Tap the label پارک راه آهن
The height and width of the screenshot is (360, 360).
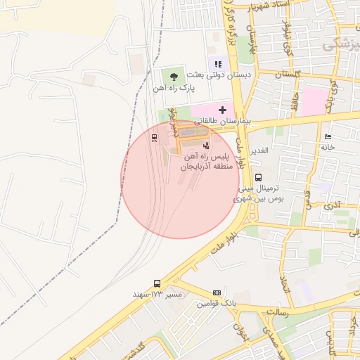pyautogui.click(x=173, y=89)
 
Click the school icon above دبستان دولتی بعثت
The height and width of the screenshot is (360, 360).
pyautogui.click(x=217, y=64)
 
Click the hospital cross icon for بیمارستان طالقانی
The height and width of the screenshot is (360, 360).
pyautogui.click(x=223, y=110)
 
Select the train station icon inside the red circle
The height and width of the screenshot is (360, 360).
pyautogui.click(x=154, y=137)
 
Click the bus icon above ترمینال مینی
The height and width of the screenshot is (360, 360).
pyautogui.click(x=258, y=177)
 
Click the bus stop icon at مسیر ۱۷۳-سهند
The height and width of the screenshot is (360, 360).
pyautogui.click(x=156, y=283)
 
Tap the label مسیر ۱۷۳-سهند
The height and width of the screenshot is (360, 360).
pyautogui.click(x=157, y=293)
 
